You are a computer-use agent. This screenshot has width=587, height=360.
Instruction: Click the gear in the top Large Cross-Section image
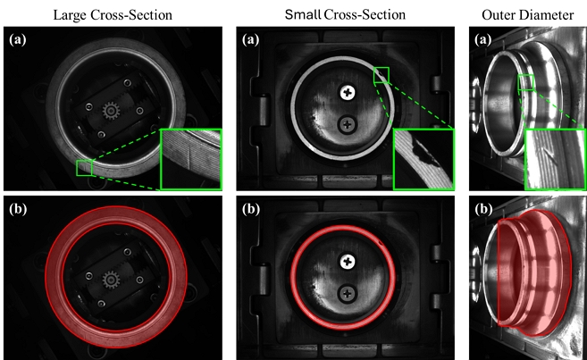click(x=112, y=111)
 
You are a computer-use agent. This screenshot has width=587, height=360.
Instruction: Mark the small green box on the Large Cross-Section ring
click(x=85, y=167)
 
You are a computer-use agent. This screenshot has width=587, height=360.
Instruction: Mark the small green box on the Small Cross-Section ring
click(x=382, y=75)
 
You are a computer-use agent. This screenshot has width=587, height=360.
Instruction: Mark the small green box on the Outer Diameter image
click(x=526, y=83)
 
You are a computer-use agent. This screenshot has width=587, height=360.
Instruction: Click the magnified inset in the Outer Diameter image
click(x=554, y=158)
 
